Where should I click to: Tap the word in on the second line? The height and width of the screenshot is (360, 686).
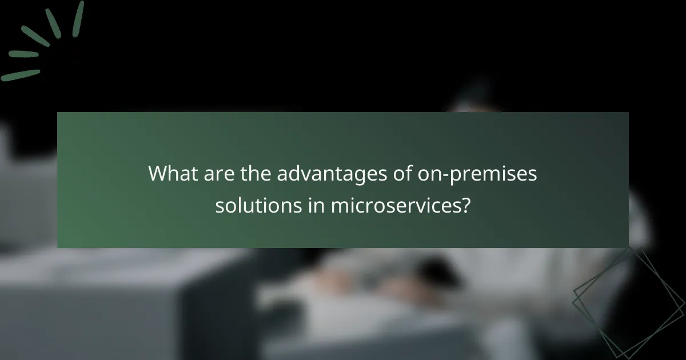click(x=312, y=205)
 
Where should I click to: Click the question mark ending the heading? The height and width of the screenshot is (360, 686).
click(x=466, y=205)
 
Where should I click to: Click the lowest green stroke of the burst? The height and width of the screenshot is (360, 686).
click(x=21, y=75)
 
